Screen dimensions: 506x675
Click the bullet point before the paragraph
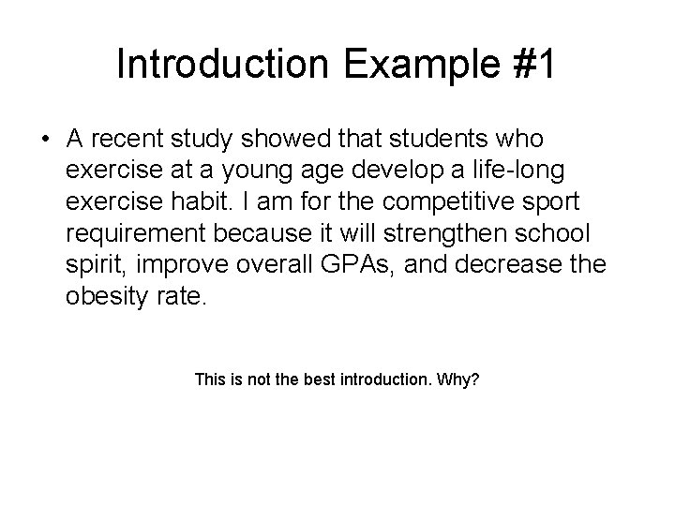[x=44, y=140]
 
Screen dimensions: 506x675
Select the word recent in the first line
[x=127, y=140]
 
